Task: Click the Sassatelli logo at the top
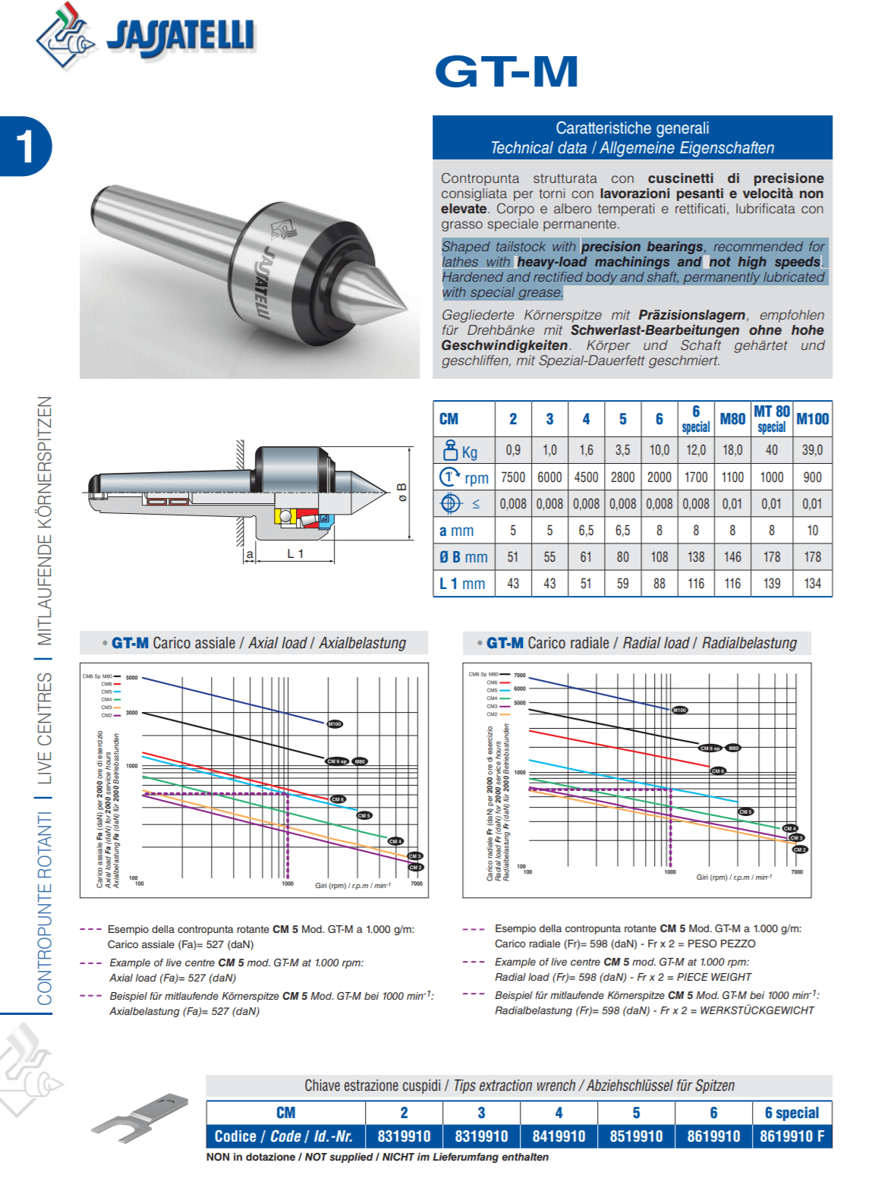144,36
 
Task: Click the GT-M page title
506,72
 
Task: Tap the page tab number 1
25,146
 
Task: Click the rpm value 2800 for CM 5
622,477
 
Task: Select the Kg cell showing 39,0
812,450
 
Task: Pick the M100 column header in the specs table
812,419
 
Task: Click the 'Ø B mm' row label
464,557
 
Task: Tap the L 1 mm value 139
772,584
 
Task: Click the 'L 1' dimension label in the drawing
295,554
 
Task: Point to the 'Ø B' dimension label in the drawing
402,492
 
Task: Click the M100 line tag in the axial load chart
335,724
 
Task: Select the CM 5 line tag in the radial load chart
745,811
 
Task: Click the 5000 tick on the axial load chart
132,678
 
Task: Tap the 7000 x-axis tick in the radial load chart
797,872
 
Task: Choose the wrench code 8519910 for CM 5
636,1136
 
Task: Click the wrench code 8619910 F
791,1136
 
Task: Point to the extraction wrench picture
140,1117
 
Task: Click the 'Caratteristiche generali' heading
632,128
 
